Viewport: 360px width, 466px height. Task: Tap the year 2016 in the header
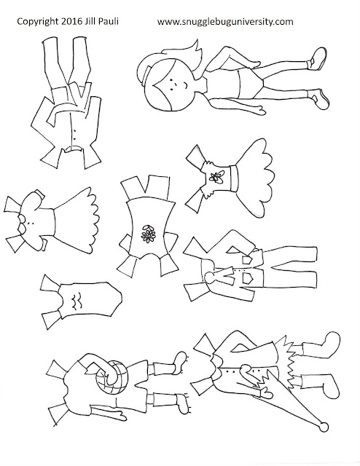tap(71, 21)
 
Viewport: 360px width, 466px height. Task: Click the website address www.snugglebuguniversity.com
tap(225, 22)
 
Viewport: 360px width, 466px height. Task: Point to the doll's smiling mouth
tap(185, 85)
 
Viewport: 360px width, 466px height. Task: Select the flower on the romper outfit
tap(148, 234)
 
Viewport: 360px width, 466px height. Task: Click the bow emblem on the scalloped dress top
tap(217, 177)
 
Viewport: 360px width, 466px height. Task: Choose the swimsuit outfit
tap(81, 301)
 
